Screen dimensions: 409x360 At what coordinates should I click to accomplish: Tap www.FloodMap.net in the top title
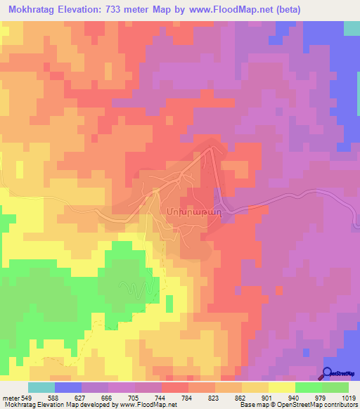click(234, 8)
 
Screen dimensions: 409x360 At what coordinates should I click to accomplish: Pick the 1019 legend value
click(349, 398)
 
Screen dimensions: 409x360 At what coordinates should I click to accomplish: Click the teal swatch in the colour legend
click(41, 387)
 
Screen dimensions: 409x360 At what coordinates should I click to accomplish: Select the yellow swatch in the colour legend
click(282, 387)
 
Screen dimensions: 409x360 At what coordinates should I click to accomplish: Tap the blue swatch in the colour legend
click(68, 387)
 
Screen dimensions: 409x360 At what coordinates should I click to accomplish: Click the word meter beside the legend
click(10, 398)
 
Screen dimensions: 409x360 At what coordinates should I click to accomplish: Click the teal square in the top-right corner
click(352, 28)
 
